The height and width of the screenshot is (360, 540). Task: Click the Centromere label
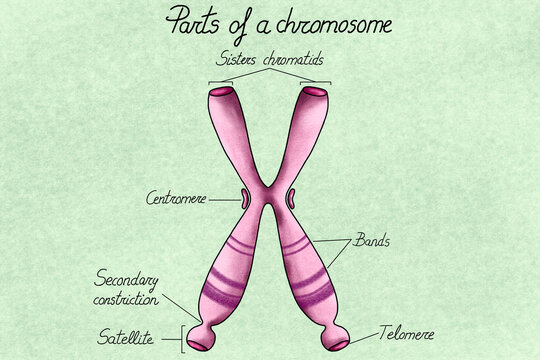[176, 198]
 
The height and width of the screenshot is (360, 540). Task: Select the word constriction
[127, 299]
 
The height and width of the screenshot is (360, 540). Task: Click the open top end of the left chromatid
[221, 94]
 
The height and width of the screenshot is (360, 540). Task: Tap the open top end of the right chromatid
[314, 93]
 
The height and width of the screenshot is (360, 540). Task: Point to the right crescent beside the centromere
[290, 198]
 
